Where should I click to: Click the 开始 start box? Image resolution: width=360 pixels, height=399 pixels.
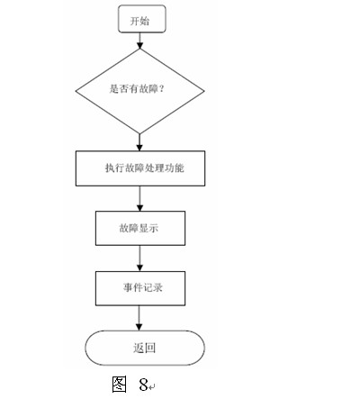142,19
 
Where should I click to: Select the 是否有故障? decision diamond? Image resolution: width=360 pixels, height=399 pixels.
139,91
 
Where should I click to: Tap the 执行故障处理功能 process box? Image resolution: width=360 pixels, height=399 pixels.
140,168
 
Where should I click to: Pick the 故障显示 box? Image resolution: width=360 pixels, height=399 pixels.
140,228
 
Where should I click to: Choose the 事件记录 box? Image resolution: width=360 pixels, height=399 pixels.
140,288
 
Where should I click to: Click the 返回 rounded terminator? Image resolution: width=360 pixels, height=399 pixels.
145,348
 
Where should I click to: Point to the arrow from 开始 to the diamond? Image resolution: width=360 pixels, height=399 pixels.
139,41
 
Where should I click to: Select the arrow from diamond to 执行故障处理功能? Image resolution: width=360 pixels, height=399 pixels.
139,142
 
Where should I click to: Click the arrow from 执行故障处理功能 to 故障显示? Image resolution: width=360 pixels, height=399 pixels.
139,198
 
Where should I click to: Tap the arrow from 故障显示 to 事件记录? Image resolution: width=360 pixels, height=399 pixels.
139,258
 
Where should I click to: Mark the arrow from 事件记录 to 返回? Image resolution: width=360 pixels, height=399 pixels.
139,318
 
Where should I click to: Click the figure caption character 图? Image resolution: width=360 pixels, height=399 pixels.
119,384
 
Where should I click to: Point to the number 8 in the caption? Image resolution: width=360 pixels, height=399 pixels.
143,385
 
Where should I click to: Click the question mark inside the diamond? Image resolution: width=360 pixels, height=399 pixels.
161,88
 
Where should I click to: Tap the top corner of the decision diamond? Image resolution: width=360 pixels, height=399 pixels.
139,49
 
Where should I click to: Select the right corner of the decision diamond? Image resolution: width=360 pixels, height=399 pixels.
204,91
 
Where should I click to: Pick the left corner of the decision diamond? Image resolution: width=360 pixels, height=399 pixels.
76,91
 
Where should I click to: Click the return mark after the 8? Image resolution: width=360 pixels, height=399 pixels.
151,387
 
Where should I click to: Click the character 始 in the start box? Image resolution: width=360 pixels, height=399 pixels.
145,21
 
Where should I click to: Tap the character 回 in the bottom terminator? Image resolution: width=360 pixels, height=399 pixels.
150,348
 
